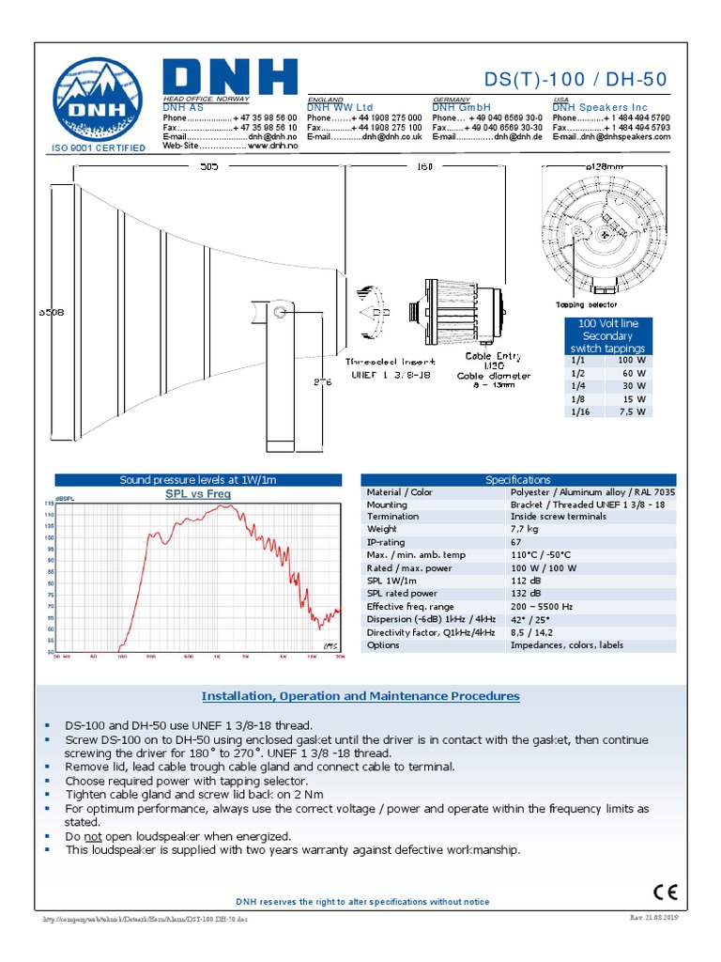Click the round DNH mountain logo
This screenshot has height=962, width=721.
(98, 99)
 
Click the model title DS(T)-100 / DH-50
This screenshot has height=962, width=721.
(576, 80)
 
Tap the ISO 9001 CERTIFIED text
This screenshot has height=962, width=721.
(98, 148)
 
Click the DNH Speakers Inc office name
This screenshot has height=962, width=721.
(600, 108)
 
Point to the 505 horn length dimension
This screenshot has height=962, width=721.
(208, 166)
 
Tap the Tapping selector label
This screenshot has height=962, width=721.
(587, 304)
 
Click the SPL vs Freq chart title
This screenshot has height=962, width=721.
(198, 493)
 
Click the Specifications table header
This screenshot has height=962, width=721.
(518, 480)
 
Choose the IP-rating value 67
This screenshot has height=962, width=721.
(517, 543)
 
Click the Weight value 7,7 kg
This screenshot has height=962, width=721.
(524, 530)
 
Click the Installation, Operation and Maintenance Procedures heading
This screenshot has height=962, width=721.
(360, 696)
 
